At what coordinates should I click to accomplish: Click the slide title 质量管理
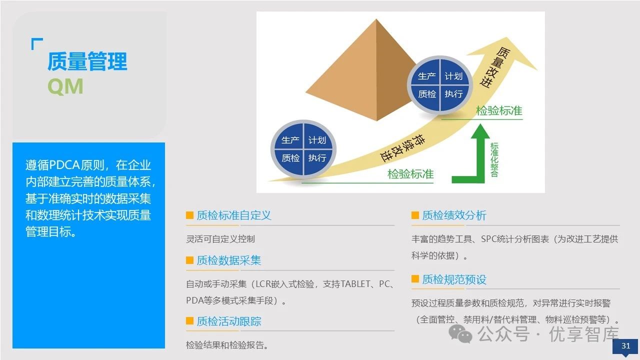[x=87, y=61]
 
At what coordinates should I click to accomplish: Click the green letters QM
[x=65, y=86]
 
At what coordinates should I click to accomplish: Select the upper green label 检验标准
[x=499, y=110]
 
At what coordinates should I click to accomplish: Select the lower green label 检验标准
[x=410, y=174]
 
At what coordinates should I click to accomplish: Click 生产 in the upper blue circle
[x=426, y=76]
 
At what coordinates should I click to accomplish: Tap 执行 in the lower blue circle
[x=317, y=158]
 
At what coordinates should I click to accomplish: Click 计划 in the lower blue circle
[x=317, y=140]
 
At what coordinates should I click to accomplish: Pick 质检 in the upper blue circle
[x=426, y=94]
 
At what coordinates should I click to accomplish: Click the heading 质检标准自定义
[x=234, y=215]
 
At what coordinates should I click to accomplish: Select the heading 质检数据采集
[x=229, y=260]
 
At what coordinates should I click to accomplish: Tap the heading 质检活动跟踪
[x=229, y=321]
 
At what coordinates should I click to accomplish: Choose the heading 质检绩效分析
[x=454, y=215]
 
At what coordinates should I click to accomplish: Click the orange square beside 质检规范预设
[x=415, y=279]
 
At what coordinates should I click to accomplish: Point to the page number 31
[x=625, y=346]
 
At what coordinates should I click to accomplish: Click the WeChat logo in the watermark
[x=460, y=333]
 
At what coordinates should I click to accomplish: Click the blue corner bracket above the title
[x=36, y=43]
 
